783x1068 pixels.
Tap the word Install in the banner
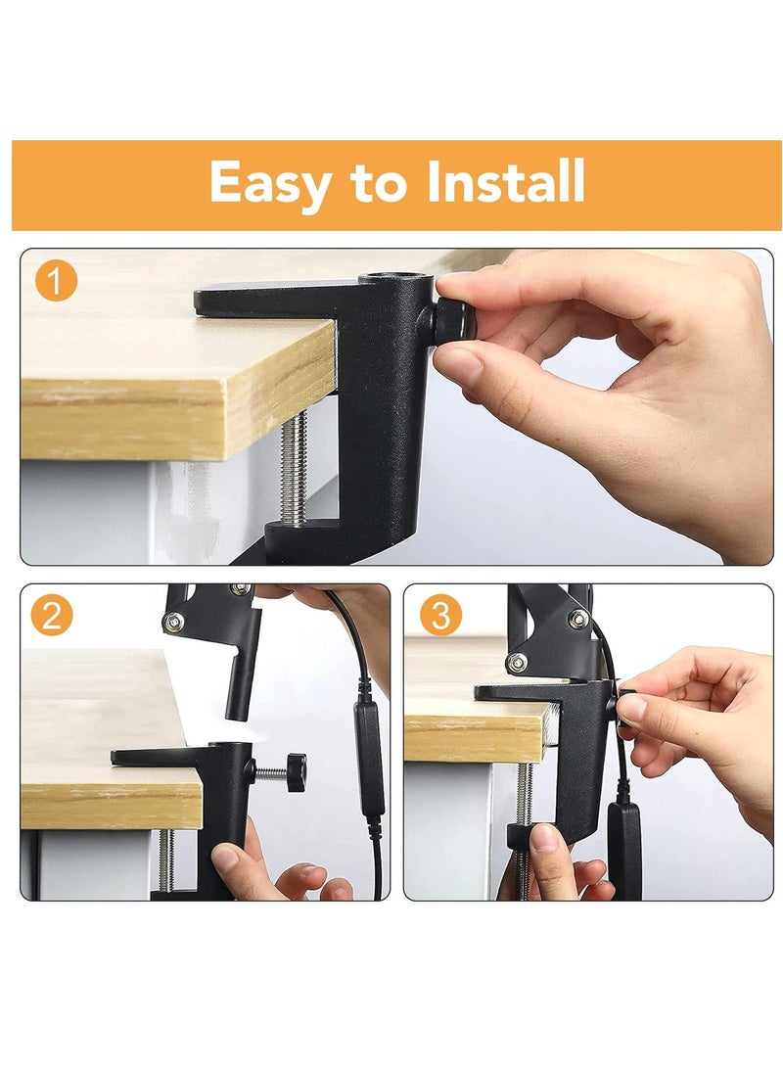[x=505, y=181]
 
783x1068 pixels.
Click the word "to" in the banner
[x=379, y=184]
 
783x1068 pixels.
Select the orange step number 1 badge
[x=56, y=281]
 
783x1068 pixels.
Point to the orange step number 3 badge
[x=440, y=615]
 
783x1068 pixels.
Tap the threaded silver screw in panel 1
[x=295, y=469]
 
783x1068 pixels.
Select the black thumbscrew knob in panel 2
[x=296, y=772]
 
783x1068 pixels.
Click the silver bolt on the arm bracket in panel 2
[x=173, y=621]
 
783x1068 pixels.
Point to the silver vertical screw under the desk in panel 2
[x=166, y=859]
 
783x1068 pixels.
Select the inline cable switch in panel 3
[x=625, y=848]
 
